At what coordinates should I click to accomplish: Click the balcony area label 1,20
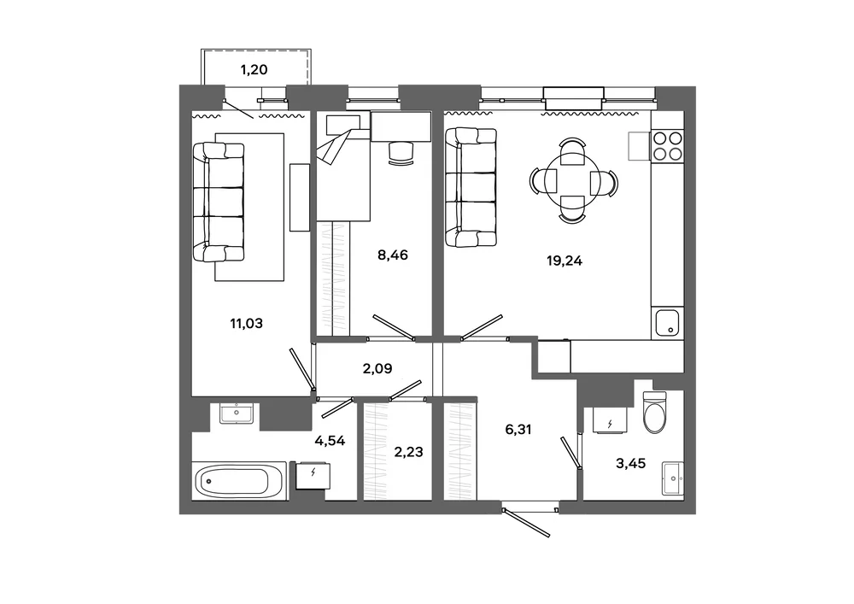254,70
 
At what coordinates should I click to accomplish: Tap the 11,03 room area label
246,324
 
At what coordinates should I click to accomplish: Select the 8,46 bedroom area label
393,255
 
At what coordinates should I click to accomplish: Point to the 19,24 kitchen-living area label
564,261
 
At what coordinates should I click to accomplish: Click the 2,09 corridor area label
377,369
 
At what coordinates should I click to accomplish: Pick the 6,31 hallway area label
518,430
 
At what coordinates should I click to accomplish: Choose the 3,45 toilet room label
631,464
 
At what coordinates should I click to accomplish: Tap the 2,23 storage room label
408,452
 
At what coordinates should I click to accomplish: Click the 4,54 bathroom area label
330,441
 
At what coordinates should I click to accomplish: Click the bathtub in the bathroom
239,481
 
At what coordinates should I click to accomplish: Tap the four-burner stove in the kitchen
668,145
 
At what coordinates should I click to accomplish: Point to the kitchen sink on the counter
667,324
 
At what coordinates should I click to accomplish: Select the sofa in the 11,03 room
219,202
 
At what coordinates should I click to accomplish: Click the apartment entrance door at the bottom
527,522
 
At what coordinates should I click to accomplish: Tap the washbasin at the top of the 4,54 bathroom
237,413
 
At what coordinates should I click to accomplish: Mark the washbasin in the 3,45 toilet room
673,478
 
